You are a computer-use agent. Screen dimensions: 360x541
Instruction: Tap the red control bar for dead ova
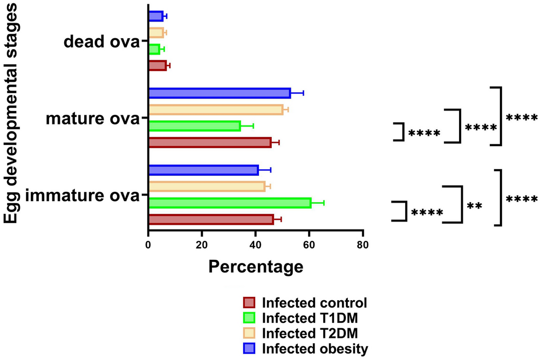pyautogui.click(x=157, y=66)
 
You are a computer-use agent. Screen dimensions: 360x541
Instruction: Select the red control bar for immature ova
pyautogui.click(x=211, y=219)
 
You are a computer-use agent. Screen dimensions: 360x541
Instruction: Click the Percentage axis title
pyautogui.click(x=255, y=266)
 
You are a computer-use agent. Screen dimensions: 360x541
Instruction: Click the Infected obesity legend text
pyautogui.click(x=315, y=348)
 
